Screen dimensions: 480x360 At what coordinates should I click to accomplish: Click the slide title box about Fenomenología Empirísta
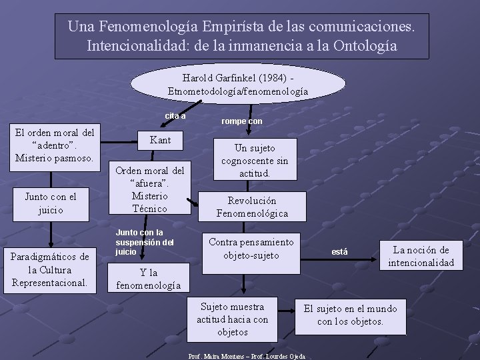click(242, 36)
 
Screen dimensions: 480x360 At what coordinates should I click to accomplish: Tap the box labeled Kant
click(160, 140)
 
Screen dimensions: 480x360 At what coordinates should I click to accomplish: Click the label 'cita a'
click(175, 116)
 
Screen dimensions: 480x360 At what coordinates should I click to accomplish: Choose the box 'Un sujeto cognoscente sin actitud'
click(255, 160)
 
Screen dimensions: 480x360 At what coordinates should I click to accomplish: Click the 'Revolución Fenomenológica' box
click(252, 207)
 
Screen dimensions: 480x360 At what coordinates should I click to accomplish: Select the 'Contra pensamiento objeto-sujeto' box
click(251, 248)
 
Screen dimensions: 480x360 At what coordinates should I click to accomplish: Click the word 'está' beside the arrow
click(339, 251)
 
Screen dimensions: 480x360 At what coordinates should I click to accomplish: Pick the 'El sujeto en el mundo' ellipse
click(350, 315)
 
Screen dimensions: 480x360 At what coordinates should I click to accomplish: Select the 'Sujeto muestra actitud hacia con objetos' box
click(233, 319)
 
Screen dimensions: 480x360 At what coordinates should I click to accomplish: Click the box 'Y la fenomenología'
click(149, 279)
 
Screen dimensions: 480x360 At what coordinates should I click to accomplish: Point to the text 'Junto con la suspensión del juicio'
click(145, 242)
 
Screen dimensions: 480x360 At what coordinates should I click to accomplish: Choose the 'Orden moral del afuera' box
click(150, 189)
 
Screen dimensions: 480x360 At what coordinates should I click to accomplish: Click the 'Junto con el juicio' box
click(51, 203)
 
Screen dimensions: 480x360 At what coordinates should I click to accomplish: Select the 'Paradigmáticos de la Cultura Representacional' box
click(51, 269)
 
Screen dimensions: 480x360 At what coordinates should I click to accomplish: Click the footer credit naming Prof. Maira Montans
click(247, 356)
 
